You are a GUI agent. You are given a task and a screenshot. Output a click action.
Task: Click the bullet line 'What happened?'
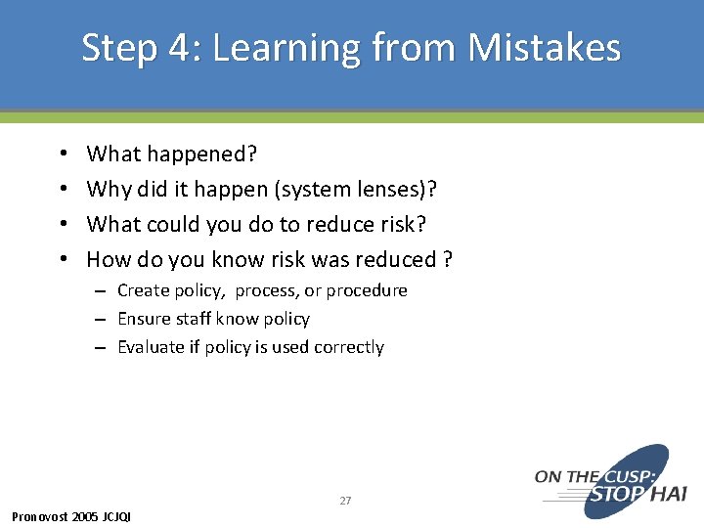[x=171, y=154]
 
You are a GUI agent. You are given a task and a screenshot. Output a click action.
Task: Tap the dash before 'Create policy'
[x=101, y=291]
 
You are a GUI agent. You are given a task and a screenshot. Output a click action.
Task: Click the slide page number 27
[x=345, y=501]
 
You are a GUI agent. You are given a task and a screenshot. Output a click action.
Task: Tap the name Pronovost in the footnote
[x=39, y=516]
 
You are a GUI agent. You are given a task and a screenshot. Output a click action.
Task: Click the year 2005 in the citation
[x=85, y=516]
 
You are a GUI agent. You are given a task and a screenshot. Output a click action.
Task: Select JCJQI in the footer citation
[x=116, y=516]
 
